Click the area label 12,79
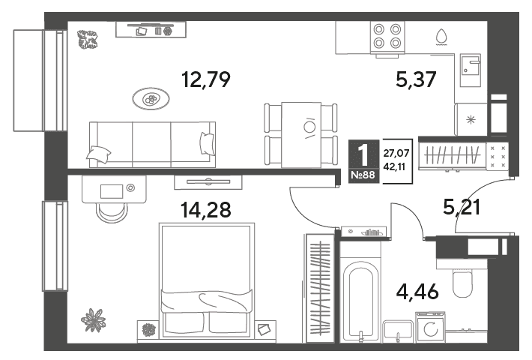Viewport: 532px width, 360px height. pos(206,80)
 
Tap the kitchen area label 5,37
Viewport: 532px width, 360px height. pos(416,80)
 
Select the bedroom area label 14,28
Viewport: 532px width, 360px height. pos(206,209)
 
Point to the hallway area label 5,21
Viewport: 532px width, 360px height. pos(462,207)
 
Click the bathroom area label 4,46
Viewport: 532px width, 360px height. pos(417,292)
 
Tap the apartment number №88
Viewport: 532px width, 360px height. pos(363,175)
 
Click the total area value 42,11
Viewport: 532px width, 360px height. pos(396,166)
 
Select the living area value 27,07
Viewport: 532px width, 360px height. pos(396,154)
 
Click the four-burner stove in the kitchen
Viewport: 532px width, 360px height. pos(387,37)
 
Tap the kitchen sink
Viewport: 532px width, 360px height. pos(471,70)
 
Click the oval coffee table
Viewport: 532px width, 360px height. pos(151,99)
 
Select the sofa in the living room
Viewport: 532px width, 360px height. pos(152,145)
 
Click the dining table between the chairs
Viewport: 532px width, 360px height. pos(301,135)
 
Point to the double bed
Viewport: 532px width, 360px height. pos(207,280)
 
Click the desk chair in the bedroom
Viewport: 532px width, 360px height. pos(112,212)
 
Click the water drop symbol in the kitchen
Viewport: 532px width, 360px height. pos(441,37)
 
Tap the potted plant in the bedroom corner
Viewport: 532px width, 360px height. pos(93,320)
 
